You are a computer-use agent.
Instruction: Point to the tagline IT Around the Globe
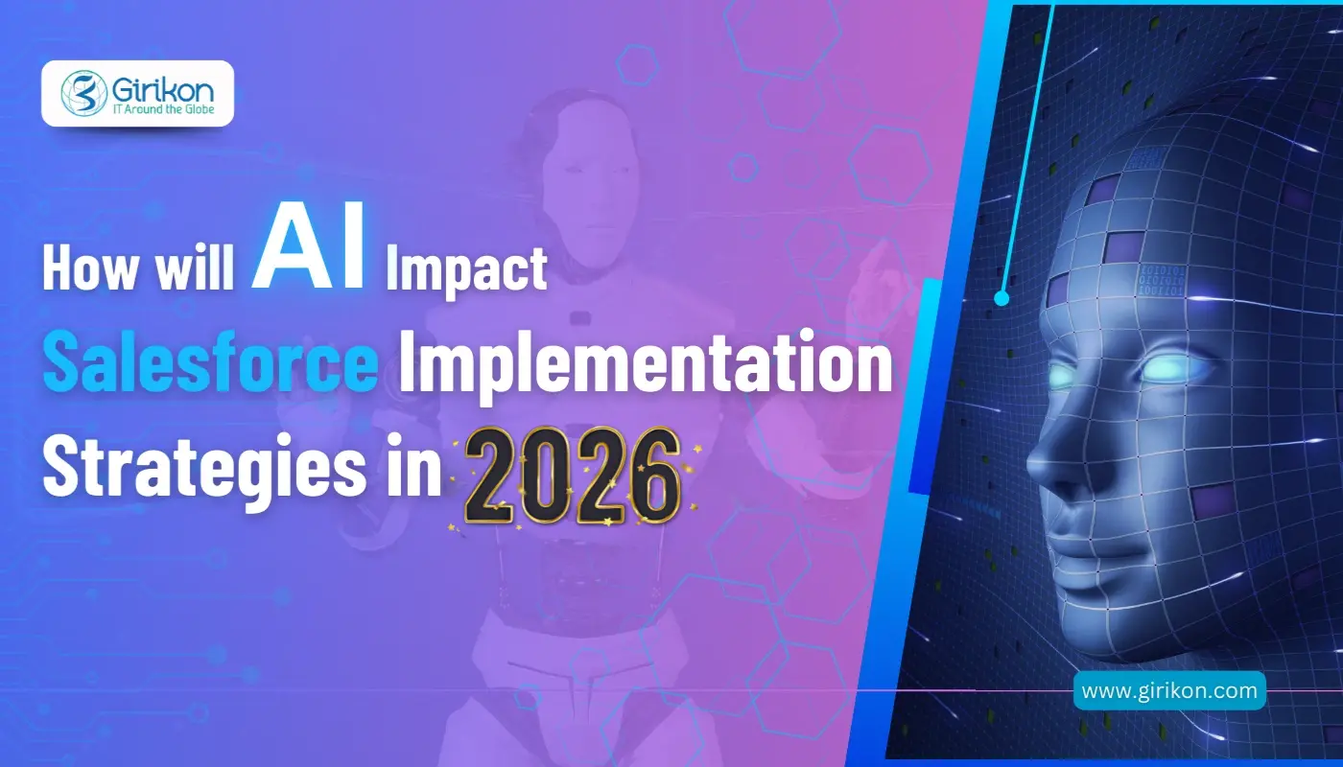click(x=154, y=109)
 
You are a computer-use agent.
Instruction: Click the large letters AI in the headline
click(x=309, y=255)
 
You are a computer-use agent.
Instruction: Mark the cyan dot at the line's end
click(x=1001, y=298)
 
